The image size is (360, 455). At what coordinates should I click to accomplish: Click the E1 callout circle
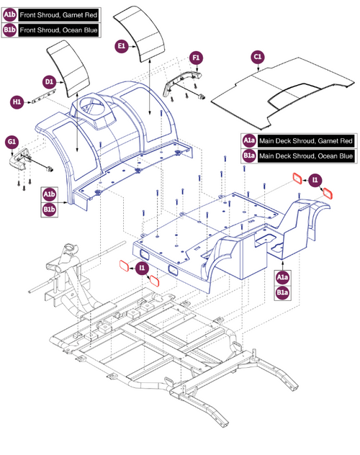(122, 45)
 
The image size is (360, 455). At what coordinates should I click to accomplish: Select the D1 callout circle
(50, 83)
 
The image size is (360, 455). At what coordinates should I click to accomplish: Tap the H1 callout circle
(17, 102)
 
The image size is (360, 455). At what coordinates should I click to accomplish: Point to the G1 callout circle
(12, 142)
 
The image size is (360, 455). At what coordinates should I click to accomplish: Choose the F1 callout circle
(196, 58)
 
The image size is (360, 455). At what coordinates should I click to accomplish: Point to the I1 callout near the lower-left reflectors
(143, 268)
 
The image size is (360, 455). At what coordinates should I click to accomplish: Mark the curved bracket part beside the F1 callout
(179, 81)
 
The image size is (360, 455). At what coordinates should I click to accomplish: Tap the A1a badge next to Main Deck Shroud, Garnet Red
(248, 140)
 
